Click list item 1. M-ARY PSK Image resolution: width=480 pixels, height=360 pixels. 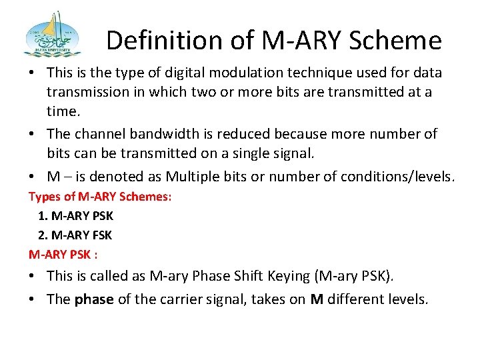pyautogui.click(x=75, y=216)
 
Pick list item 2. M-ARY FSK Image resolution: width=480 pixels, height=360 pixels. pyautogui.click(x=75, y=235)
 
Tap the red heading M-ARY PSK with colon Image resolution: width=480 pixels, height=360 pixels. pyautogui.click(x=63, y=254)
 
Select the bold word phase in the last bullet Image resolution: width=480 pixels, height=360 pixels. pyautogui.click(x=94, y=299)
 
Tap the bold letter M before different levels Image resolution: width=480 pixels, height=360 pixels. pyautogui.click(x=317, y=299)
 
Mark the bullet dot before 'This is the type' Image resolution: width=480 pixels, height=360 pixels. pyautogui.click(x=33, y=73)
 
